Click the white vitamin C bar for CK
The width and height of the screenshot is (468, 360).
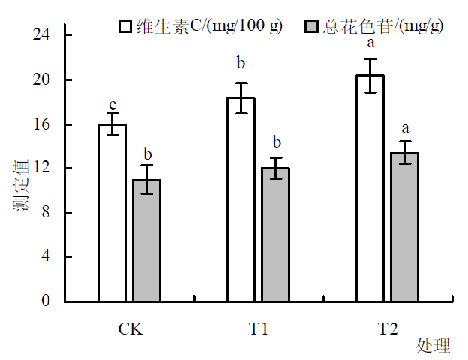click(112, 213)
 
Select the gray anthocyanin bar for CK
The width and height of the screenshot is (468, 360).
click(146, 241)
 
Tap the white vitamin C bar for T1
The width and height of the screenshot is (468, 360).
click(241, 199)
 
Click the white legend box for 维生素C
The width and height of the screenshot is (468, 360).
click(125, 26)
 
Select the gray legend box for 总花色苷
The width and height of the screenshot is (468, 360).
click(313, 26)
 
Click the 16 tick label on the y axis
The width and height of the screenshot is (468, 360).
click(42, 124)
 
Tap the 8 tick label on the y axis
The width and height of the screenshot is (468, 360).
click(46, 213)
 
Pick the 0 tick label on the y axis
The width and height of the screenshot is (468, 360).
click(46, 301)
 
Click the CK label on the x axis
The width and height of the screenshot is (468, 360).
click(130, 329)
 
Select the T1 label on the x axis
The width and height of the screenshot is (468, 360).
click(259, 329)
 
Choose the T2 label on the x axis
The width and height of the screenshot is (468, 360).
click(388, 329)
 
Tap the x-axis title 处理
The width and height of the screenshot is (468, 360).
click(433, 346)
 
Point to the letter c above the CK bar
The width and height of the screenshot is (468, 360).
click(112, 105)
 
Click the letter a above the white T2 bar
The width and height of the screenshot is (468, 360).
click(370, 43)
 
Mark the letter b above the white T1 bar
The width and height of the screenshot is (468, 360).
click(241, 62)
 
